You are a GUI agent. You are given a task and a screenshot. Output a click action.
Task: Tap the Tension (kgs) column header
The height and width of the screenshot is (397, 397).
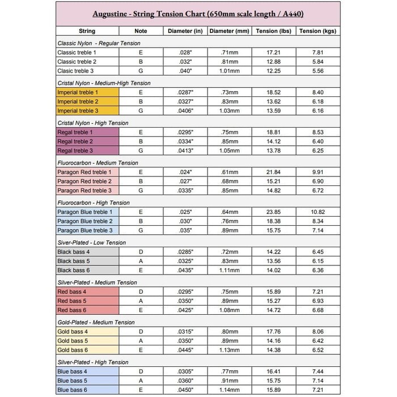(x=318, y=31)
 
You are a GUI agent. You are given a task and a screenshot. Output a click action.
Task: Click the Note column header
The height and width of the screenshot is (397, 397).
(x=141, y=31)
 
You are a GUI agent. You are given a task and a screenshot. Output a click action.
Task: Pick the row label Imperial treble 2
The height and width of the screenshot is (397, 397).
(x=78, y=102)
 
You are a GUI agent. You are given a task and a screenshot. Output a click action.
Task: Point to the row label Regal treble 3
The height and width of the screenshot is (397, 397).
(x=75, y=151)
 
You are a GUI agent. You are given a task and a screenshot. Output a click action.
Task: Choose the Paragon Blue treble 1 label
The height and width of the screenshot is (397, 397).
(x=85, y=212)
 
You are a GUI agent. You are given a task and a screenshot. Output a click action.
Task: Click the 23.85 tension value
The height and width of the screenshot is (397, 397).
(x=274, y=212)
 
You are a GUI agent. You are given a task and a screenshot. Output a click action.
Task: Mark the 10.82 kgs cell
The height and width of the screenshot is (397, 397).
(x=318, y=212)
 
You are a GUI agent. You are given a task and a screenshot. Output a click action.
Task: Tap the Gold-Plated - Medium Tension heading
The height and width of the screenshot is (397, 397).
(x=97, y=322)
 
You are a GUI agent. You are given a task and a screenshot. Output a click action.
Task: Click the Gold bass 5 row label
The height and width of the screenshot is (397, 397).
(x=73, y=341)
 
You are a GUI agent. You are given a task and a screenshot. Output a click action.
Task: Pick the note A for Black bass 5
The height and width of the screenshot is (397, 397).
(x=141, y=261)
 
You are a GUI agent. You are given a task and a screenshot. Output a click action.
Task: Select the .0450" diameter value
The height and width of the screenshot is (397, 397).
(x=185, y=390)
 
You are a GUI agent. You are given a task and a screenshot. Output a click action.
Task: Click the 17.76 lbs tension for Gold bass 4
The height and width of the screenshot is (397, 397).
(x=274, y=331)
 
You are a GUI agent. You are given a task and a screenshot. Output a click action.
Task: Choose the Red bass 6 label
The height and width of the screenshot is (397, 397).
(x=72, y=310)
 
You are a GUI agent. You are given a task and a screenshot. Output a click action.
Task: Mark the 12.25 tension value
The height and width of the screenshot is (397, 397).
(x=274, y=71)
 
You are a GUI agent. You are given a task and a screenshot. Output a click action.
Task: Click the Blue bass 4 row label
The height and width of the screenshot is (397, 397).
(x=73, y=371)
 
